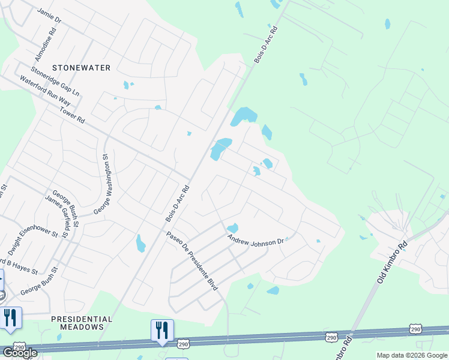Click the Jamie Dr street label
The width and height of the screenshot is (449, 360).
click(x=49, y=16)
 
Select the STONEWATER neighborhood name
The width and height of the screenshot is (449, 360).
click(x=81, y=68)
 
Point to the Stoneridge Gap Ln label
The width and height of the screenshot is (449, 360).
click(x=55, y=85)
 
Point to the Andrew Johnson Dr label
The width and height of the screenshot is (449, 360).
click(x=255, y=239)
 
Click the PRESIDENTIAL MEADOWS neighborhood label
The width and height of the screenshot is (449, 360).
click(x=82, y=323)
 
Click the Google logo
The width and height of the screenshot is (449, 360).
click(x=20, y=352)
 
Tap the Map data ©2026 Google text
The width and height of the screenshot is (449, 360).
click(x=412, y=355)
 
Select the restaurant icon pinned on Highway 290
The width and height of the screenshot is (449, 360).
click(x=162, y=330)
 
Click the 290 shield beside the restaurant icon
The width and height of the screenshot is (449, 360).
click(x=184, y=343)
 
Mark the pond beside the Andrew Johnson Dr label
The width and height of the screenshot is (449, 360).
click(x=232, y=228)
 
